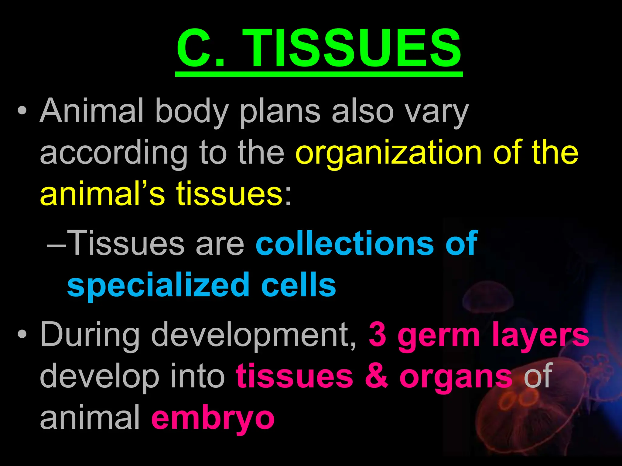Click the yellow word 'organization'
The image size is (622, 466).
click(x=388, y=154)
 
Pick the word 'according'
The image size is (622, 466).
click(x=114, y=154)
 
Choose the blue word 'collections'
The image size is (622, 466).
click(x=345, y=243)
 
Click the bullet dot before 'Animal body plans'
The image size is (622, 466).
click(x=22, y=111)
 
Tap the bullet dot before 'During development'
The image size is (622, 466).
click(x=22, y=335)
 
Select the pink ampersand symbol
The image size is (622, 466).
click(x=377, y=376)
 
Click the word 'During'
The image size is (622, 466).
click(x=90, y=335)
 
